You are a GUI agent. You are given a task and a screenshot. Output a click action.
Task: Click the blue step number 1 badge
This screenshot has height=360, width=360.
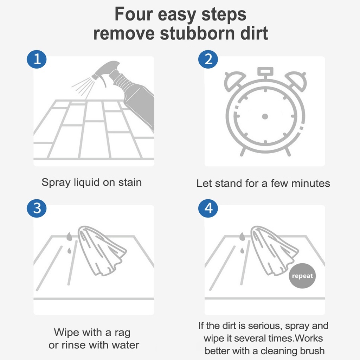37,59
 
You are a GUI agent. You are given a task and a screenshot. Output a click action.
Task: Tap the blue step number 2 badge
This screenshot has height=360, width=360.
208,59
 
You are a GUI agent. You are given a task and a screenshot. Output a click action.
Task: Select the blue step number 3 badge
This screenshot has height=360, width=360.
37,208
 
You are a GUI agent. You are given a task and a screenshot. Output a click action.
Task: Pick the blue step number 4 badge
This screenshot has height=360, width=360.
208,208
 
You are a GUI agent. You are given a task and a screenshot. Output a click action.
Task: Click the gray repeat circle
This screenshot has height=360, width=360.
302,276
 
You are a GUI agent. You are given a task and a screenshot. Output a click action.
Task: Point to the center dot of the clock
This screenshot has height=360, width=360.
265,116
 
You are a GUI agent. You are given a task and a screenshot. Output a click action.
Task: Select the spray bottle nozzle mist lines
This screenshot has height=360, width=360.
83,87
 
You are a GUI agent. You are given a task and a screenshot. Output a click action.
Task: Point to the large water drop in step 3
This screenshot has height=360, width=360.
69,237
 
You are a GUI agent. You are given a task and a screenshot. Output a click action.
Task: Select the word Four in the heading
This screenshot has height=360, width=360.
134,14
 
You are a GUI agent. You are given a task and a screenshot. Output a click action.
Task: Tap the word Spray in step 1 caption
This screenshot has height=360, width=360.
56,183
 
